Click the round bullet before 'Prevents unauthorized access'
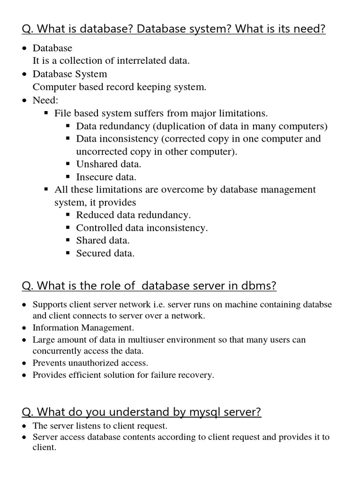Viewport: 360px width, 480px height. pyautogui.click(x=24, y=363)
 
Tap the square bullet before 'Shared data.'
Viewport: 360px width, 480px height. pyautogui.click(x=68, y=240)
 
